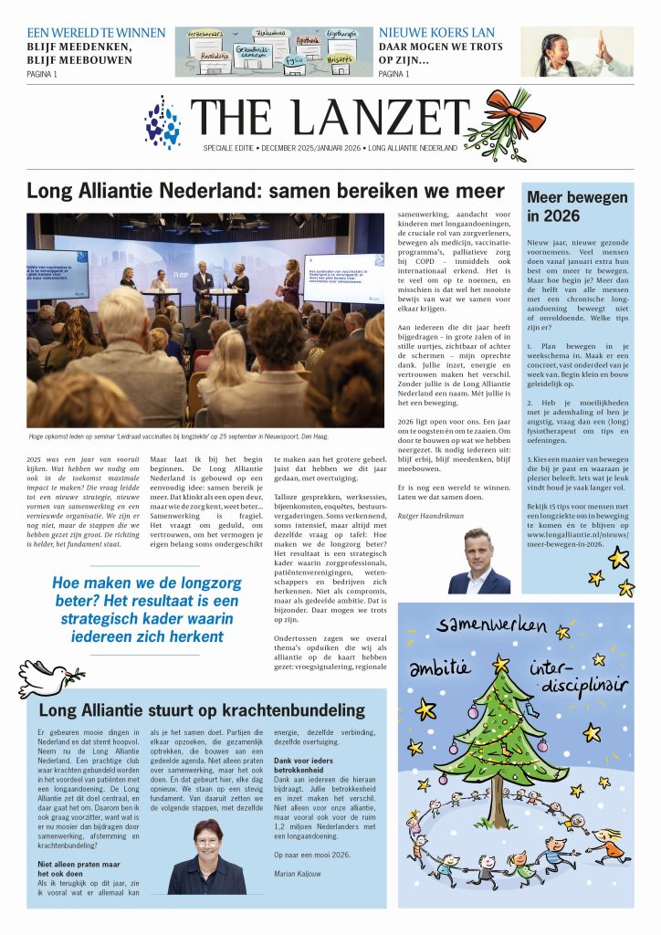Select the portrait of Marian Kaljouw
pos(206,859)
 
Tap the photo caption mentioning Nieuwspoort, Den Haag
pos(192,436)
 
